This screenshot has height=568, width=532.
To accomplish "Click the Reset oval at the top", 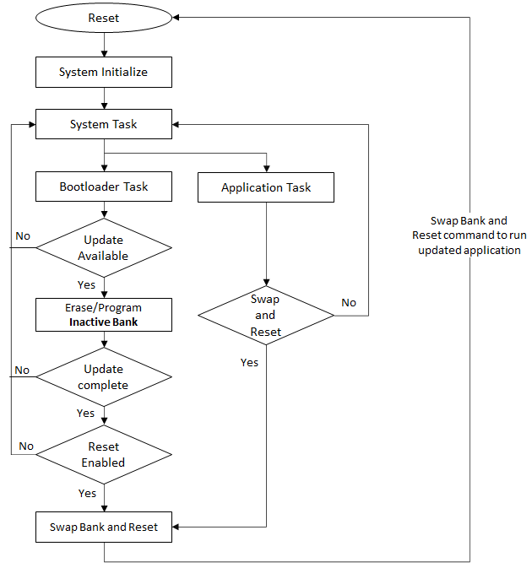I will click(x=103, y=19).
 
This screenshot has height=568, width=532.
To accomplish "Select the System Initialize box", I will click(x=103, y=72).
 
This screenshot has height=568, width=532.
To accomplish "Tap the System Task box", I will click(x=103, y=125).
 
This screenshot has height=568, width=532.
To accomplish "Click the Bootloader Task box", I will click(x=103, y=187).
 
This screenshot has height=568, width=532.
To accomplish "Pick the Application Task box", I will click(x=266, y=187).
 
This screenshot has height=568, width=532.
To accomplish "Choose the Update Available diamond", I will click(x=103, y=247).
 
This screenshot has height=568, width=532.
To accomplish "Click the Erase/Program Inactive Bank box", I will click(x=103, y=314).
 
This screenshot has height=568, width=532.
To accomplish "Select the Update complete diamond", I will click(x=103, y=377).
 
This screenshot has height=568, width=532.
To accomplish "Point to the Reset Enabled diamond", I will click(x=103, y=455).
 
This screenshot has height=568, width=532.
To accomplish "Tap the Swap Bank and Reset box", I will click(x=103, y=527).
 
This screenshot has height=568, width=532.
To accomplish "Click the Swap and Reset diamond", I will click(x=266, y=316).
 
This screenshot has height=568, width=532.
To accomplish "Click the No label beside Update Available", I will click(x=23, y=235).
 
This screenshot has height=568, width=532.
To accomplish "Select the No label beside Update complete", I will click(x=22, y=370).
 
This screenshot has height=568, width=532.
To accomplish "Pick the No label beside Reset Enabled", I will click(x=26, y=446).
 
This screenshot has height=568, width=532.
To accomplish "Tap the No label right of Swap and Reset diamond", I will click(x=349, y=302).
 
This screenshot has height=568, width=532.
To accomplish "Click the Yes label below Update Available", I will click(x=87, y=284).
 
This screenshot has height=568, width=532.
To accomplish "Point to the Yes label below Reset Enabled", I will click(x=87, y=493).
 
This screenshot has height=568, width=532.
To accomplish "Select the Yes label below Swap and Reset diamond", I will click(x=249, y=362).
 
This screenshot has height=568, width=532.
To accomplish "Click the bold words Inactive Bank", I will click(x=103, y=322).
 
